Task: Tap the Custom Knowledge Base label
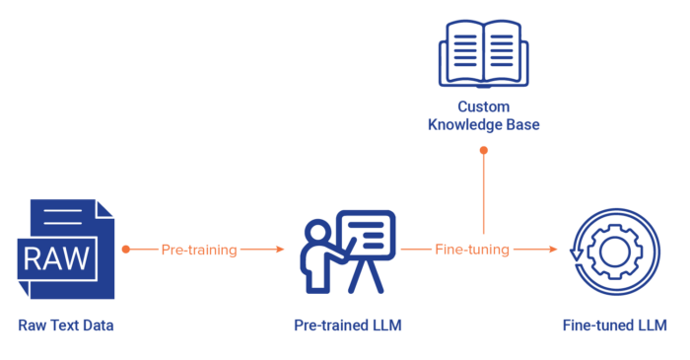click(x=483, y=116)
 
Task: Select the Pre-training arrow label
click(x=199, y=251)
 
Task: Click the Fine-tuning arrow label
click(x=472, y=251)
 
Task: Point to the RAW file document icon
click(x=65, y=250)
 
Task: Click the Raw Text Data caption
click(x=65, y=324)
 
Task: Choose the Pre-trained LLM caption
click(x=347, y=324)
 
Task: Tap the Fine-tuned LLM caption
click(x=614, y=324)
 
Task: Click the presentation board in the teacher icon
click(x=366, y=237)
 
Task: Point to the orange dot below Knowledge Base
click(x=483, y=150)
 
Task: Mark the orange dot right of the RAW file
click(x=125, y=250)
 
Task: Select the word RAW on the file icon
click(x=58, y=258)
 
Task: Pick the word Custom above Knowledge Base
click(x=483, y=107)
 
